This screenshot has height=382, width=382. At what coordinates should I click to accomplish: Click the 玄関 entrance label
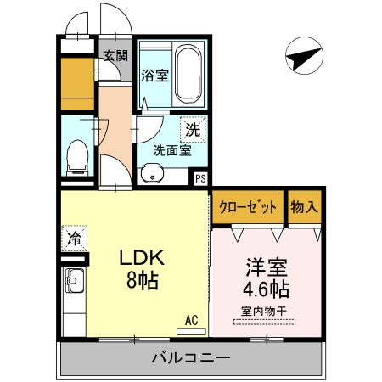pyautogui.click(x=115, y=55)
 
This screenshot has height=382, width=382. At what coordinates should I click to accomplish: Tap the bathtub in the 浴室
pyautogui.click(x=188, y=75)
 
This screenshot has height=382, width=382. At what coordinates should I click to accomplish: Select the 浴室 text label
pyautogui.click(x=154, y=76)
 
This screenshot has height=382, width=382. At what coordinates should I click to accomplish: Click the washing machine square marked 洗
pyautogui.click(x=193, y=129)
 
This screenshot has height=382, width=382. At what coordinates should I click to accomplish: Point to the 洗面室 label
pyautogui.click(x=172, y=150)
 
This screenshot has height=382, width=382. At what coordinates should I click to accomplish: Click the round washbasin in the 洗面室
pyautogui.click(x=152, y=172)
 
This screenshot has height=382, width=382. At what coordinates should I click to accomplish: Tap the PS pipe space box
pyautogui.click(x=200, y=178)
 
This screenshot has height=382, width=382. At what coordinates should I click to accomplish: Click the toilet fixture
pyautogui.click(x=77, y=158)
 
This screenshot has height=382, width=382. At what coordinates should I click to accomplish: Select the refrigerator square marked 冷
pyautogui.click(x=74, y=239)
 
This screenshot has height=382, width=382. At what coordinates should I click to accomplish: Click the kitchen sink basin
pyautogui.click(x=75, y=281)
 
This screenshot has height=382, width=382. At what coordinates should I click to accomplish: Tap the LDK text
pyautogui.click(x=142, y=257)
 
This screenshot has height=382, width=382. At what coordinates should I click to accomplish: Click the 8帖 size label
pyautogui.click(x=142, y=280)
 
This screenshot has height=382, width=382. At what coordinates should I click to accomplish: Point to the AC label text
pyautogui.click(x=191, y=320)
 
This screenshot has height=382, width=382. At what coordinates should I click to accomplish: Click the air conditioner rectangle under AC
pyautogui.click(x=191, y=331)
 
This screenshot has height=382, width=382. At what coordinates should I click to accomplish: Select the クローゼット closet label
pyautogui.click(x=247, y=207)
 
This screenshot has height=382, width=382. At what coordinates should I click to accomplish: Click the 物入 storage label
pyautogui.click(x=304, y=207)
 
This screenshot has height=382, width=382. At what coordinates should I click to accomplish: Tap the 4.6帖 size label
pyautogui.click(x=267, y=289)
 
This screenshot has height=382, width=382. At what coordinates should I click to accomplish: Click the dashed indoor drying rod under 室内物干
pyautogui.click(x=264, y=322)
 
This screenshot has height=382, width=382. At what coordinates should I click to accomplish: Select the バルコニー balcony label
pyautogui.click(x=191, y=358)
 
